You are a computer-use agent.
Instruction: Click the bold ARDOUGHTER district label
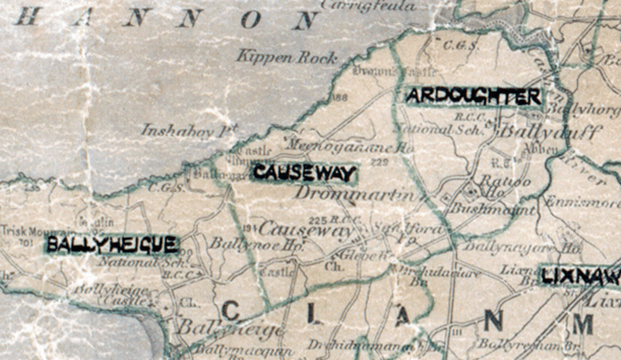point(474,96)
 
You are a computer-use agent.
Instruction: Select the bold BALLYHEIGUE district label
point(113,245)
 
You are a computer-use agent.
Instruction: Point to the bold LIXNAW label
point(581,276)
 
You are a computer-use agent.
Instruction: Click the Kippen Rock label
point(287,57)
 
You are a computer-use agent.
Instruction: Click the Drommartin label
point(354,193)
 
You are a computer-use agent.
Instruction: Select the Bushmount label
point(492,209)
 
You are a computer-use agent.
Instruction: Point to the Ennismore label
point(582,203)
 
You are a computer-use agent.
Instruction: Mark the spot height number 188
point(339,97)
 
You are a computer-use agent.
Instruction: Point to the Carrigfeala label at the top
point(369,6)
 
